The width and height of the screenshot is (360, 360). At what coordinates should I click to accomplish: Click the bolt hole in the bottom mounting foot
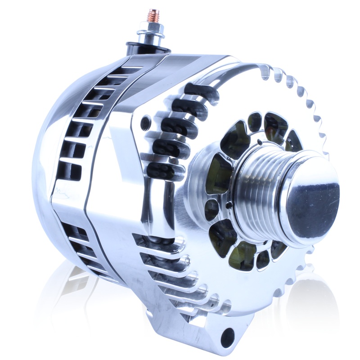click(x=228, y=335)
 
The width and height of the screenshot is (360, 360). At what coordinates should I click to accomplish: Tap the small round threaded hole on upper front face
click(x=145, y=122)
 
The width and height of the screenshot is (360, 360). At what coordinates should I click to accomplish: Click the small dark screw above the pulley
click(x=260, y=143)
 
